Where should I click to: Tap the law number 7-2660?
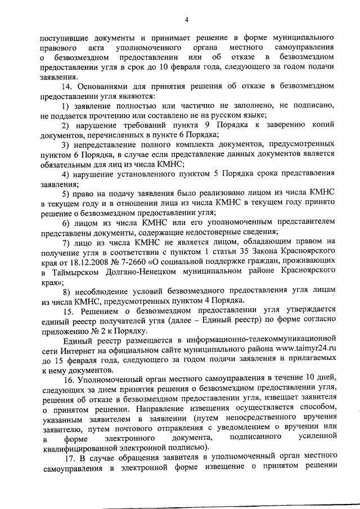(x=134, y=262)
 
